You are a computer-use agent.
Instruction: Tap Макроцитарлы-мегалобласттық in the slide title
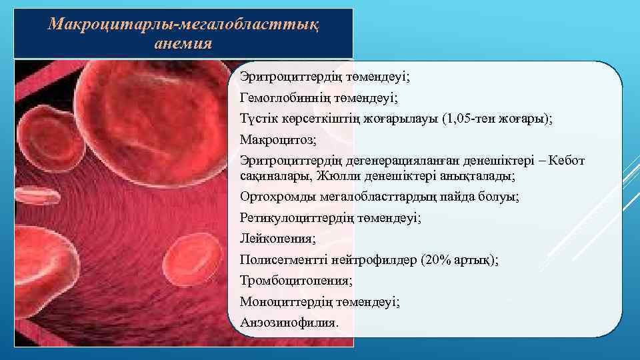click(x=185, y=25)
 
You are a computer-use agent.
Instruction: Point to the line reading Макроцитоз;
click(x=270, y=139)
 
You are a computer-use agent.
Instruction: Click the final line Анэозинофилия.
click(x=289, y=322)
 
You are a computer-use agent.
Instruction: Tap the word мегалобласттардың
click(x=385, y=197)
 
